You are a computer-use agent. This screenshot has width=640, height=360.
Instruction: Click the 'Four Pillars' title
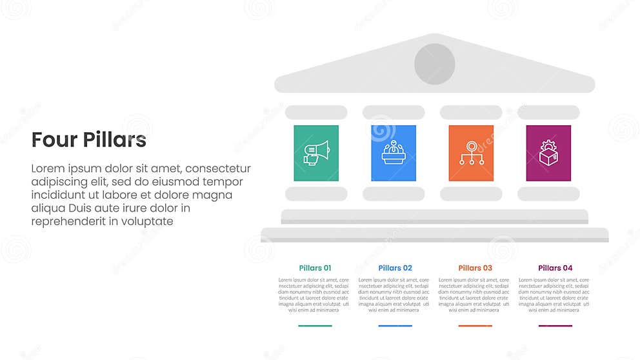coord(89,140)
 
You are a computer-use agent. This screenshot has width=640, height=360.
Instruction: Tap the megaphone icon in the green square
coord(316,153)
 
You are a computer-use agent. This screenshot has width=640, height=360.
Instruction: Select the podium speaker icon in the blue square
coord(394,153)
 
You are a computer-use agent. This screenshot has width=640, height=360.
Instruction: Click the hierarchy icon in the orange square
coord(471,153)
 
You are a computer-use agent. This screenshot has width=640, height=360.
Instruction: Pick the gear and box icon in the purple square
coord(548,153)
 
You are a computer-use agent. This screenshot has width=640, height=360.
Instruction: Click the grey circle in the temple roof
coord(434,64)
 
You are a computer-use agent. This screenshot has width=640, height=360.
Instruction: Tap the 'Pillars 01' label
coord(315,268)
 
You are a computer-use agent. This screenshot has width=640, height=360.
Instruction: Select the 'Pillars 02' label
coord(395,268)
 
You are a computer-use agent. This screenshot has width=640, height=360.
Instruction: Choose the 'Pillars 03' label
coord(475,268)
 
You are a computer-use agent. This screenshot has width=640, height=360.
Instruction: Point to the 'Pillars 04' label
coord(555,268)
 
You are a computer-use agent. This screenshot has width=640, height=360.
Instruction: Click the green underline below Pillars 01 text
coord(315,326)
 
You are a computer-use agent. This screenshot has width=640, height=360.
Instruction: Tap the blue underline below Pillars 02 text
coord(395,326)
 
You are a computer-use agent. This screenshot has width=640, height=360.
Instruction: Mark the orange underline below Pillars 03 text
coord(475,326)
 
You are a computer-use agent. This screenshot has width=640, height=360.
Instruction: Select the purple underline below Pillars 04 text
coord(555,326)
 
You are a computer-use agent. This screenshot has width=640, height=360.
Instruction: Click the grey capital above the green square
coord(316,112)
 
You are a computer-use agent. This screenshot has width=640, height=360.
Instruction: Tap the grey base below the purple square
coord(548,194)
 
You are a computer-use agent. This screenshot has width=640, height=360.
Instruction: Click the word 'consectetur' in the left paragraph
coord(218,168)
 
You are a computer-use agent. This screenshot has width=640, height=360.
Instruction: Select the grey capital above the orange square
coord(471,112)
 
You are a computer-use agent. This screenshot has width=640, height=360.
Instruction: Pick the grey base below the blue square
coord(394,194)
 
